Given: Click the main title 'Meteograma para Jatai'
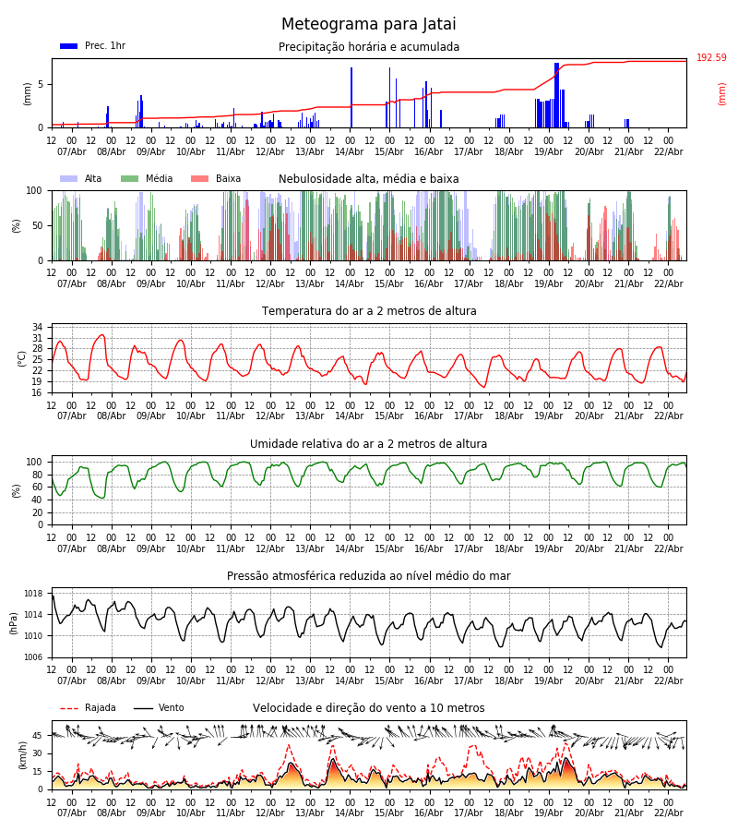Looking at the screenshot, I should click(368, 25).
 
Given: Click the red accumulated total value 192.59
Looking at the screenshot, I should click(711, 58).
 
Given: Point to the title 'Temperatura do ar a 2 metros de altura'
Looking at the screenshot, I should click(369, 311).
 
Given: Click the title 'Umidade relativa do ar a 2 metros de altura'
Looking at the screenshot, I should click(368, 444).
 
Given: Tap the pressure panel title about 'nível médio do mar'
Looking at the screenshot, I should click(368, 576).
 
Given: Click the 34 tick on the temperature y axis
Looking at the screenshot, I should click(37, 328).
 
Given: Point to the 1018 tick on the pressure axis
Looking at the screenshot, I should click(34, 594).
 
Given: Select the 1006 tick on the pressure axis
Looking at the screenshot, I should click(34, 657).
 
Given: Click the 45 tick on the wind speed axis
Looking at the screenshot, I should click(38, 736).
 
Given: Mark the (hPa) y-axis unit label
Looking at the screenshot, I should click(15, 622).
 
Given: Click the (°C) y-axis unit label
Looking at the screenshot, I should click(22, 357).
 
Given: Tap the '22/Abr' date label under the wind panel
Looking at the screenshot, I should click(668, 813).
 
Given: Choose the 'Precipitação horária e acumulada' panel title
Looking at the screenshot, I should click(369, 47).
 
